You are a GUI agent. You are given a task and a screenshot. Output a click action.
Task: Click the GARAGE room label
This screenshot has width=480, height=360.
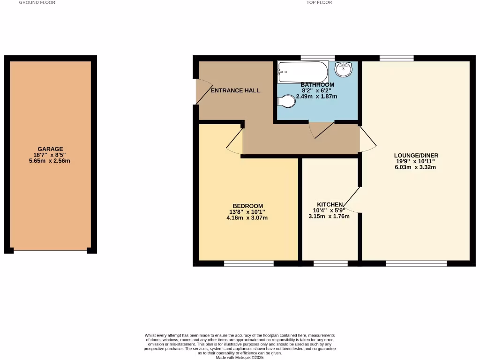(x=50, y=149)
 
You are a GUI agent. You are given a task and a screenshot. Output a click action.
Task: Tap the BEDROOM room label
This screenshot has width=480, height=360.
(x=248, y=206)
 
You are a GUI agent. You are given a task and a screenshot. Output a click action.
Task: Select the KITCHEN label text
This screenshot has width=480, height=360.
(x=330, y=204)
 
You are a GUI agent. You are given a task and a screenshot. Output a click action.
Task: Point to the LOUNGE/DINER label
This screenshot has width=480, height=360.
(x=416, y=155)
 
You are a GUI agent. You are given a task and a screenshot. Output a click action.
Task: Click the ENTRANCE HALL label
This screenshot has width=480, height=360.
(x=235, y=90)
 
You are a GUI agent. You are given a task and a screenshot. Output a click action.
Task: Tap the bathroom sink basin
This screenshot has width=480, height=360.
(x=344, y=69)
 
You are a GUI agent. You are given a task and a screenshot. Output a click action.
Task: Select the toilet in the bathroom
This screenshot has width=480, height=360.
(x=287, y=101)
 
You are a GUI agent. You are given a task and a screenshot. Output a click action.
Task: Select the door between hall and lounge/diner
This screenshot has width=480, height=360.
(x=367, y=139)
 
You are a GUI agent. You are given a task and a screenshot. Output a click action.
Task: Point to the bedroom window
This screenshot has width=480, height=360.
(x=248, y=264)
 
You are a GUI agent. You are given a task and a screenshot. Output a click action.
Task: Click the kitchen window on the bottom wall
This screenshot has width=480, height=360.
(x=330, y=264)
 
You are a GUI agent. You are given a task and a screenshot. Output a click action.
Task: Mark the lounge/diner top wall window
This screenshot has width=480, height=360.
(x=397, y=58)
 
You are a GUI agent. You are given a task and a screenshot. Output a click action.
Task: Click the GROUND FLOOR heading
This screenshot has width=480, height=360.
(x=37, y=3)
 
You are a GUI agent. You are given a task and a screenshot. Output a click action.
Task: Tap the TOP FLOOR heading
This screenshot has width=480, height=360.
(x=319, y=3)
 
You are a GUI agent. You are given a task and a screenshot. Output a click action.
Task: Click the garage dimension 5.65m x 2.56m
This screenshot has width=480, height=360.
(x=50, y=161)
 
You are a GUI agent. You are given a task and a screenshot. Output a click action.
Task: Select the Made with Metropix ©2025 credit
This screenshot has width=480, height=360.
(x=240, y=358)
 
